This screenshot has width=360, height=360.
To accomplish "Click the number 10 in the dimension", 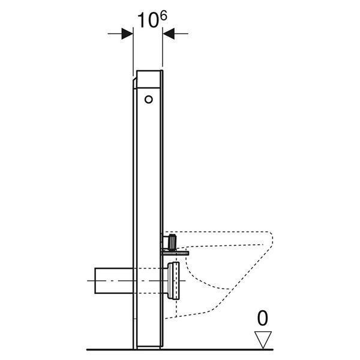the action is (x=147, y=20).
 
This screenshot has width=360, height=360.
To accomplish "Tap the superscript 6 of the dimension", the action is (x=163, y=16).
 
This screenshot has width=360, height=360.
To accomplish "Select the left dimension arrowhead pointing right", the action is (x=127, y=34).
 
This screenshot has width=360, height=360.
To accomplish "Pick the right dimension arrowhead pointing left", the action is (x=169, y=34).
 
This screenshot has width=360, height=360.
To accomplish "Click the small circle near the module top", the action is (x=149, y=100).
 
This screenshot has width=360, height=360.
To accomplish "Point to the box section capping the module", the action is (x=149, y=79).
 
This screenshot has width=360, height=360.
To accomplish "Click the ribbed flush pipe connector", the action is (x=172, y=242).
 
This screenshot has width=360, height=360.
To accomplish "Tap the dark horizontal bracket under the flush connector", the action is (x=176, y=253).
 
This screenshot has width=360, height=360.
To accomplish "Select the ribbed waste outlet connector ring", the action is (x=173, y=281).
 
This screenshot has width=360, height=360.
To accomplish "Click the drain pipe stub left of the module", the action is (x=114, y=281).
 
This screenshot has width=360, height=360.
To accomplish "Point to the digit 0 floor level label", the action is (x=262, y=318).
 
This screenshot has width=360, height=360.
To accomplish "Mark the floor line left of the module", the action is (x=110, y=350).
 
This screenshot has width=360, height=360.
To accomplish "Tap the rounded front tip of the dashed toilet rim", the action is (x=271, y=239).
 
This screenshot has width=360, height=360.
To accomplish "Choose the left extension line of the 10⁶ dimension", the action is (x=133, y=52).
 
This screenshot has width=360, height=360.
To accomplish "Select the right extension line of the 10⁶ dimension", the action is (x=163, y=47).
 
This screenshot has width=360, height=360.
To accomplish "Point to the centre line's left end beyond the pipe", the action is (x=88, y=281).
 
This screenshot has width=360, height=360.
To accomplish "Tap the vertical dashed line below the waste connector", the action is (x=176, y=308).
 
